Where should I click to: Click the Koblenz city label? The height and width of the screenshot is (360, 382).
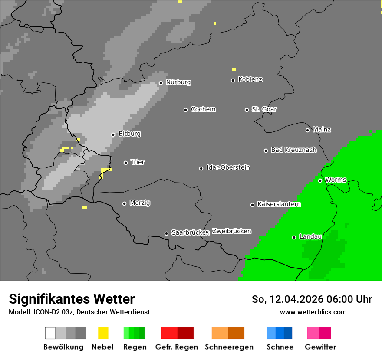click(x=250, y=79)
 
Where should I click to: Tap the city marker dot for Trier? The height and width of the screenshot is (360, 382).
click(x=126, y=163)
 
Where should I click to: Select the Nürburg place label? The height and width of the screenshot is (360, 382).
click(x=178, y=82)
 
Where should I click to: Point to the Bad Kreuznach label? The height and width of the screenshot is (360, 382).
click(x=293, y=150)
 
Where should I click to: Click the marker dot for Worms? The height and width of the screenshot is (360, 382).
click(x=320, y=180)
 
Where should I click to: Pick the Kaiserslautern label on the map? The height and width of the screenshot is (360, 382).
click(x=279, y=204)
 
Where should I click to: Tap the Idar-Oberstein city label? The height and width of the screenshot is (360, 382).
click(x=228, y=167)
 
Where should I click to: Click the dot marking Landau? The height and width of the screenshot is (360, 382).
click(x=294, y=237)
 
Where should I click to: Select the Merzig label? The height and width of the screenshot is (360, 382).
click(x=140, y=203)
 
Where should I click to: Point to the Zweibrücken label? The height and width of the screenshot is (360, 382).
click(x=231, y=231)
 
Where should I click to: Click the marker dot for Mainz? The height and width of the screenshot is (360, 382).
click(x=307, y=130)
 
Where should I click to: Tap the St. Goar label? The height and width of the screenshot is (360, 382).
click(x=264, y=109)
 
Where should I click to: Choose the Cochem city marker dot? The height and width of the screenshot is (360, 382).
click(x=185, y=110)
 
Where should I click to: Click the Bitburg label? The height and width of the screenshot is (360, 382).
click(x=129, y=134)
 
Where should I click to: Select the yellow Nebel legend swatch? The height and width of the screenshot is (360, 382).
click(x=103, y=333)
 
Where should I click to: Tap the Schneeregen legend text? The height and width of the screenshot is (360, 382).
click(x=229, y=347)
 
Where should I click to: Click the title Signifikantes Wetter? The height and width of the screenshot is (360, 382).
click(x=72, y=299)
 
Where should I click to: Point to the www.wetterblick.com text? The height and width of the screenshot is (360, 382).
click(x=313, y=312)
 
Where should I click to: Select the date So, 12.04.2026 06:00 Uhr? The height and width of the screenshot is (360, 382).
click(x=312, y=299)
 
